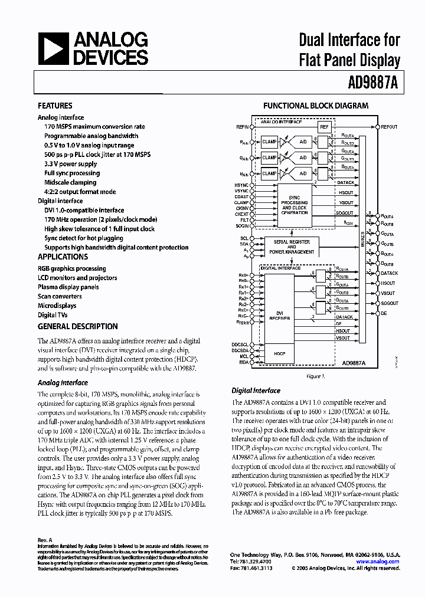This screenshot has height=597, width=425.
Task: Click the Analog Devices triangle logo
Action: pyautogui.click(x=54, y=48)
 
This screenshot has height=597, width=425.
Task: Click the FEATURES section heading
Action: pyautogui.click(x=55, y=106)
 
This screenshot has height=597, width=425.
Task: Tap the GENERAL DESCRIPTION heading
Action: pyautogui.click(x=77, y=326)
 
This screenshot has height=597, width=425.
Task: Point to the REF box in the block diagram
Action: pyautogui.click(x=323, y=127)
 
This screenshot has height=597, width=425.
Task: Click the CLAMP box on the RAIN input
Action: pyautogui.click(x=270, y=142)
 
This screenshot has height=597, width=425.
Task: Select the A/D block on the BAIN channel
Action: pyautogui.click(x=303, y=173)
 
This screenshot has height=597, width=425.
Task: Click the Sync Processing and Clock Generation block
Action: pyautogui.click(x=295, y=205)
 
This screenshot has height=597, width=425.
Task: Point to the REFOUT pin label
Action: pyautogui.click(x=390, y=127)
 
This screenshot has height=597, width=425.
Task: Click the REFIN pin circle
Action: pyautogui.click(x=253, y=127)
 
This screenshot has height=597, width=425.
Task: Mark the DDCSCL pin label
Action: pyautogui.click(x=240, y=344)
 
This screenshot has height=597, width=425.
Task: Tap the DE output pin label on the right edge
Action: pyautogui.click(x=384, y=313)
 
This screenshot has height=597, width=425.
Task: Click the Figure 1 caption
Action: pyautogui.click(x=313, y=376)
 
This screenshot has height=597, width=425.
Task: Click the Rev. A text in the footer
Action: pyautogui.click(x=45, y=540)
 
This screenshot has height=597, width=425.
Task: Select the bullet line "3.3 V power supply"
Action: pyautogui.click(x=70, y=163)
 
